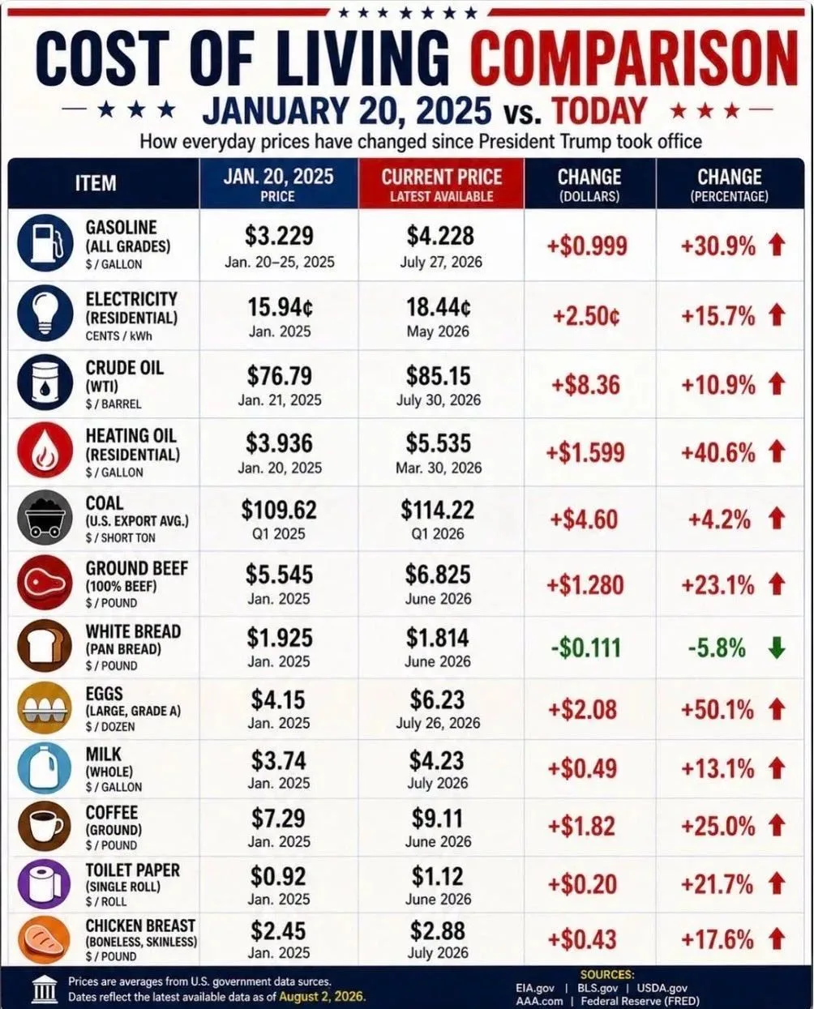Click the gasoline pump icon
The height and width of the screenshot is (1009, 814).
click(45, 243)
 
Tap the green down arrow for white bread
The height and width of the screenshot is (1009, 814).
click(777, 648)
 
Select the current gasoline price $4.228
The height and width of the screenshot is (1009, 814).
click(440, 235)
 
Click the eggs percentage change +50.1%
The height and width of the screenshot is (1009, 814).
click(718, 709)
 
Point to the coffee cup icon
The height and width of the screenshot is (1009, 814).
click(45, 827)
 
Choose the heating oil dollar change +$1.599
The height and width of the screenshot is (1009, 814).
click(585, 452)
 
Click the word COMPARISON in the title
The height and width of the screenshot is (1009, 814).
click(634, 58)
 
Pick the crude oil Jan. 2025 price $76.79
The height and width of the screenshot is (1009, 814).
click(279, 376)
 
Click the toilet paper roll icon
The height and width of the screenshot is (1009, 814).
click(45, 885)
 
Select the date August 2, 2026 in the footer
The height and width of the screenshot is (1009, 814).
click(322, 996)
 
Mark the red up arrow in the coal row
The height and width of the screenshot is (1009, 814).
click(777, 519)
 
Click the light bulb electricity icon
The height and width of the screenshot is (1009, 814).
click(45, 313)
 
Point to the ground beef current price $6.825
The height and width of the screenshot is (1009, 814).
click(438, 575)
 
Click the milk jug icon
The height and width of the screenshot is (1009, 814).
click(45, 768)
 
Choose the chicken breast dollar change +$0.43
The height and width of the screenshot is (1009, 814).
click(582, 939)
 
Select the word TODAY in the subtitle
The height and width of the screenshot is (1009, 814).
click(598, 111)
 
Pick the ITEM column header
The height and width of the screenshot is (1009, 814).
click(96, 183)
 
